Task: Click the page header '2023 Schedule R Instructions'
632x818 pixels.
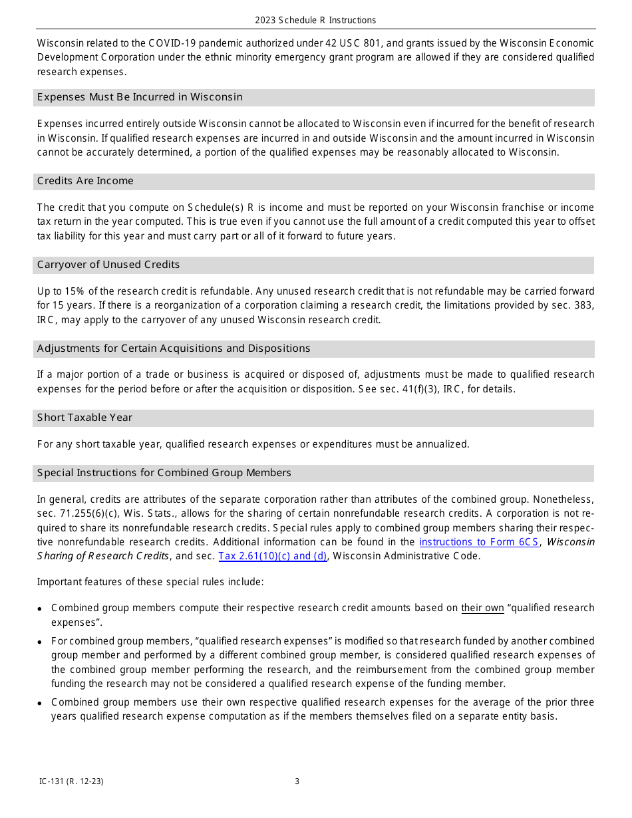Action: [x=315, y=20]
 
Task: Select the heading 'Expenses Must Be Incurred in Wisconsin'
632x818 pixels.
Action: [x=140, y=97]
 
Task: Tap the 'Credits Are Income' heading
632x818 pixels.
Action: [x=85, y=181]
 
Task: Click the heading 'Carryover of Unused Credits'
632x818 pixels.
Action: [x=108, y=265]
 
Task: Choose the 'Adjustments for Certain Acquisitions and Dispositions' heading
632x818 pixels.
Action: [x=174, y=348]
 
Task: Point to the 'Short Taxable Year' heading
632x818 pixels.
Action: [x=84, y=418]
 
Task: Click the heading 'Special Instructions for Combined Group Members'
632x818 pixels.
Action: [x=164, y=473]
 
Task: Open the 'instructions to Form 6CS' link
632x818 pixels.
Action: [x=478, y=542]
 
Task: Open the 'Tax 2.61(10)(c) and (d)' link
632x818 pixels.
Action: [x=273, y=556]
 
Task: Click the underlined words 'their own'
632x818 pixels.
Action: [x=482, y=608]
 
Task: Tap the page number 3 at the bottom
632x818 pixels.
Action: [x=297, y=781]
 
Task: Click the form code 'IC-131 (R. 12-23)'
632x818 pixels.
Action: [x=71, y=781]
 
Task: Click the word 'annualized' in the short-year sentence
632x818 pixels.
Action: [x=442, y=444]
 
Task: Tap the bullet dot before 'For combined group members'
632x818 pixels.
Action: [x=41, y=642]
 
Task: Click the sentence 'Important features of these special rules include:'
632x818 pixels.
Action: [x=150, y=582]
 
